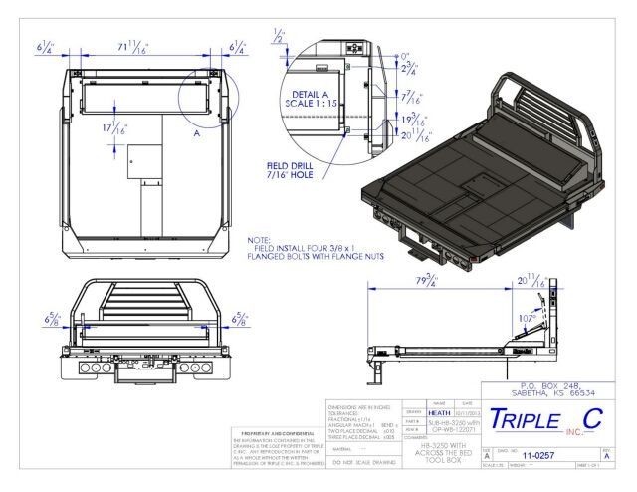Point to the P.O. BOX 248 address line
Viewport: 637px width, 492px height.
tap(543, 385)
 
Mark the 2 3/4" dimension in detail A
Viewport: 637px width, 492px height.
tap(409, 69)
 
